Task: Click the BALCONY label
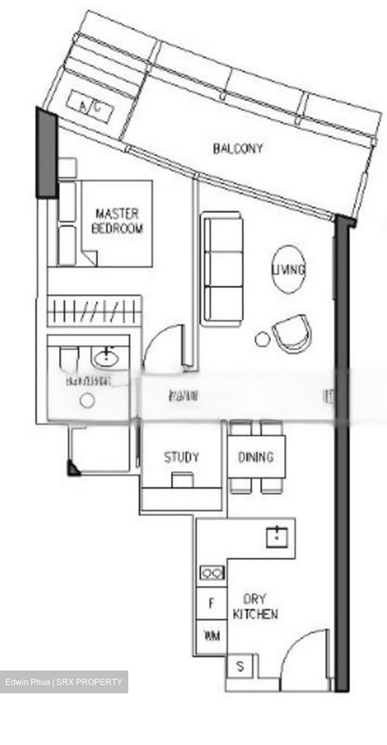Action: click(238, 148)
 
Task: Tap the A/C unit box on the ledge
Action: click(90, 107)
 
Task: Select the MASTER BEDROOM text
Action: click(117, 221)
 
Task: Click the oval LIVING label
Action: click(289, 269)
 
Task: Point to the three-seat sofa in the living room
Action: click(222, 269)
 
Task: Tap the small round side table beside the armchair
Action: click(262, 339)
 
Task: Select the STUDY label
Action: click(181, 457)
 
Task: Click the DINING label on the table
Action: click(256, 457)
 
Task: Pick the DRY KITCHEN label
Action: click(255, 607)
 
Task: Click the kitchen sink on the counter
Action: click(277, 537)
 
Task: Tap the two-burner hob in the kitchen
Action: click(212, 573)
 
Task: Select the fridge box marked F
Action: click(211, 603)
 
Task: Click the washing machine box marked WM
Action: click(212, 635)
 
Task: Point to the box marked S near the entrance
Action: click(240, 667)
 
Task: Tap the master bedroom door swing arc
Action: click(163, 347)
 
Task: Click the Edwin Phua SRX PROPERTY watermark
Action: click(64, 682)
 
